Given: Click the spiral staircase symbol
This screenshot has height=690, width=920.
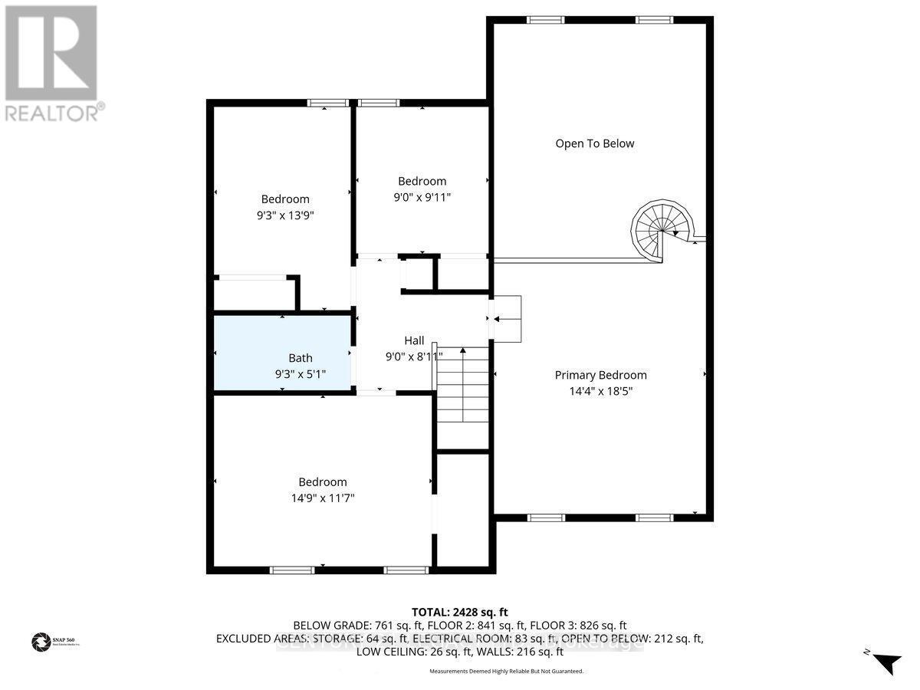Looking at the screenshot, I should [x=661, y=229].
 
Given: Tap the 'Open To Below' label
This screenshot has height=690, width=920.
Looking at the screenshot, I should [x=595, y=143].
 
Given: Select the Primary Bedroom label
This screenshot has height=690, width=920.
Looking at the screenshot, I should [x=600, y=375].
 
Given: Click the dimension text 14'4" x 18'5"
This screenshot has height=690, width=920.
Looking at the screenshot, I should [x=600, y=390].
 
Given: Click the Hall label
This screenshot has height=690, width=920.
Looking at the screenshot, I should [x=414, y=340].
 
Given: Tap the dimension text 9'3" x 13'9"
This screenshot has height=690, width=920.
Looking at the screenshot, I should [x=285, y=215].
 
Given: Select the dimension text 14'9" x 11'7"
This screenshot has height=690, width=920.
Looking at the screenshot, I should [x=322, y=498].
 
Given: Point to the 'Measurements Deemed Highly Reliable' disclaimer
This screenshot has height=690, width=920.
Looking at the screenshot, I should [x=506, y=671].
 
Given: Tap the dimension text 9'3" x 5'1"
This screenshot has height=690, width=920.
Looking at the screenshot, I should [x=301, y=375].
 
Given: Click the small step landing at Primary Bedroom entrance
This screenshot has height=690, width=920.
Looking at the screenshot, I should [x=507, y=319].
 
